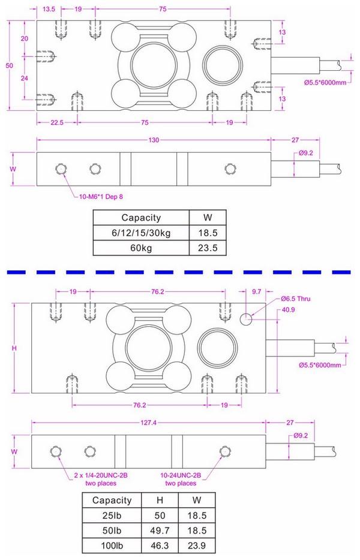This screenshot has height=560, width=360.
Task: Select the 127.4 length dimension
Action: click(x=149, y=423)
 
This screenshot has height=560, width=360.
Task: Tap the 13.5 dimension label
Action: click(x=50, y=10)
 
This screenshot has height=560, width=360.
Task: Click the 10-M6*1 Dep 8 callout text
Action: click(x=98, y=195)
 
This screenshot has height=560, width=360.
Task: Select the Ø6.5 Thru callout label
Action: click(x=295, y=299)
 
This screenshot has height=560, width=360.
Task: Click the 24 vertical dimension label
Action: click(x=25, y=79)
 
